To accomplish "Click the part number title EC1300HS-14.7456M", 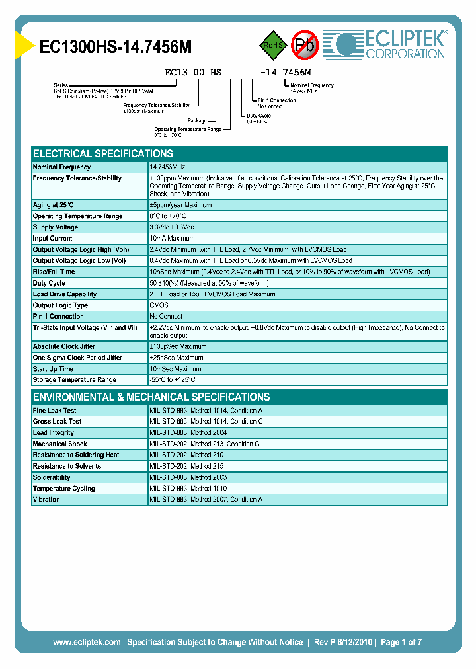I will tap(116, 47).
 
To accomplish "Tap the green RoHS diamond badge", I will tap(272, 45).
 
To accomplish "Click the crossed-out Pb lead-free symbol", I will tap(305, 45).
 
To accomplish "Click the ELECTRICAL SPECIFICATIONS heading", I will tap(103, 153).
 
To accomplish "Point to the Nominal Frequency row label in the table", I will tap(62, 167).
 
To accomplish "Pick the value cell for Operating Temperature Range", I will tap(168, 216).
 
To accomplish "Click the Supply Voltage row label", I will tap(56, 227).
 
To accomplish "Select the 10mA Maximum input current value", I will tap(172, 239).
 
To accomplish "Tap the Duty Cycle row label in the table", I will tap(49, 283).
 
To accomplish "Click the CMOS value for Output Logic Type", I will tap(159, 305).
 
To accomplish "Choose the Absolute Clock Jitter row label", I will tap(64, 346).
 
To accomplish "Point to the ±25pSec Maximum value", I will tap(177, 358).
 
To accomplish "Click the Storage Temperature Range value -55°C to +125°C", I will tap(173, 380).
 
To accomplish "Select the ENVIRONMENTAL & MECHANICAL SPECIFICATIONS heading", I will tap(151, 397).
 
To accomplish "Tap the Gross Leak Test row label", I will tap(58, 422).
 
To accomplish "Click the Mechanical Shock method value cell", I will tap(204, 444).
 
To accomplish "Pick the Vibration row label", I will tap(46, 500).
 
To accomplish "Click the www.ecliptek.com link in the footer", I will tap(87, 642).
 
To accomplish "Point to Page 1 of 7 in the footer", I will tap(400, 642).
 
